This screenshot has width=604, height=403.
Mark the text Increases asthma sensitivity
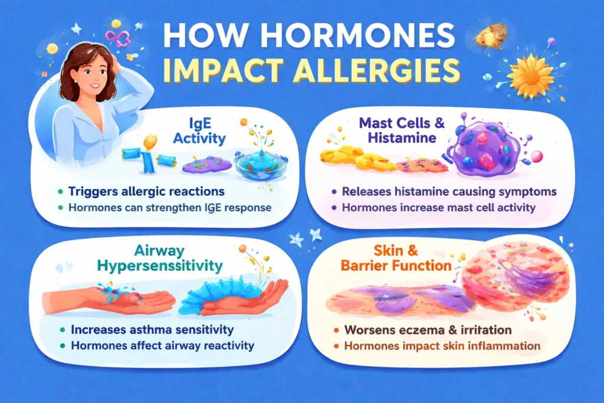click(x=152, y=329)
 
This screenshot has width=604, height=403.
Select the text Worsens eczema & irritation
click(x=424, y=329)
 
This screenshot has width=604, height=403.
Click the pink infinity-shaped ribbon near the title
click(x=117, y=39)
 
